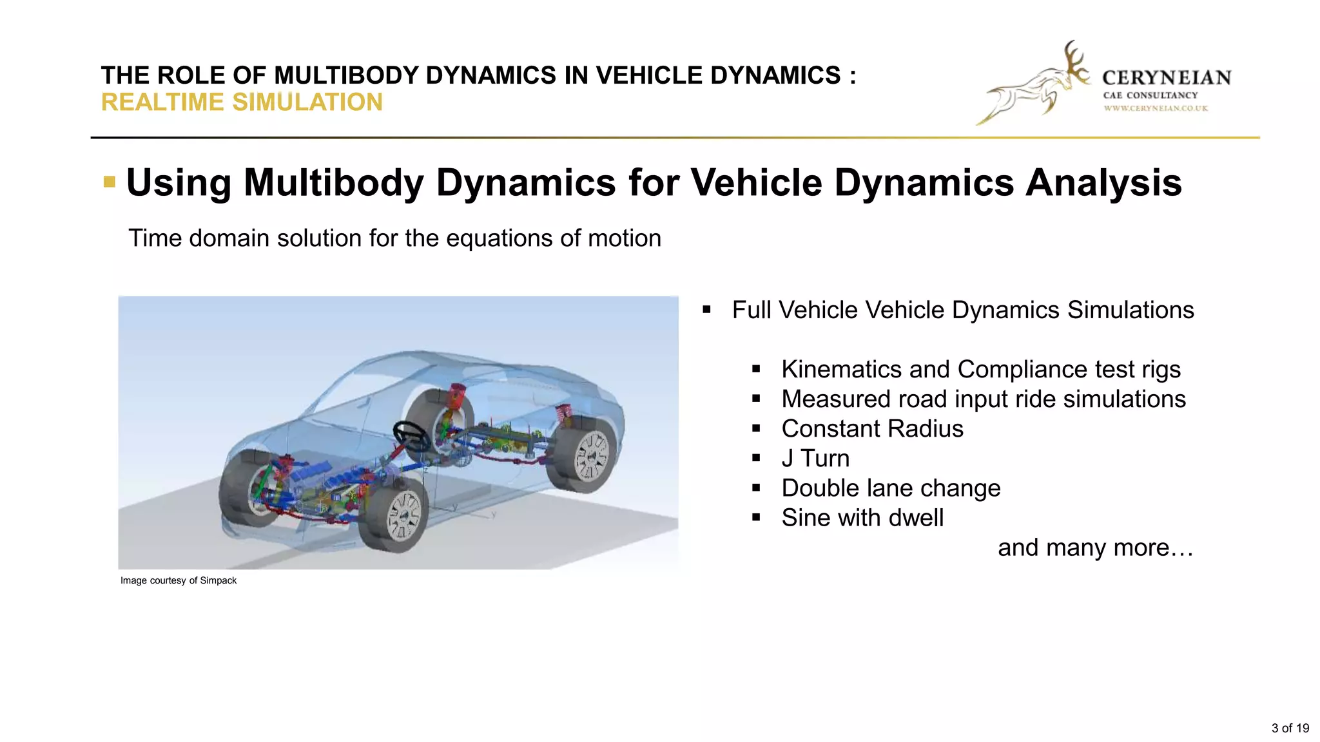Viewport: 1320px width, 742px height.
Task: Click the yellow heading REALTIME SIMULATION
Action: point(242,102)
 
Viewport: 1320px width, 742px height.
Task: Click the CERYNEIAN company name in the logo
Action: point(1167,78)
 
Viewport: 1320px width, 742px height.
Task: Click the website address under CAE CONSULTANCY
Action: point(1156,108)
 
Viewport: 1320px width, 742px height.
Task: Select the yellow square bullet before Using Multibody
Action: point(110,182)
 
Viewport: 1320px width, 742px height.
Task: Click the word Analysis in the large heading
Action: point(1103,182)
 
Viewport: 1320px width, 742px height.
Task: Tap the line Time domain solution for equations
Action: point(394,238)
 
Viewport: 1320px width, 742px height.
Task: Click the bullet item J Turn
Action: point(815,459)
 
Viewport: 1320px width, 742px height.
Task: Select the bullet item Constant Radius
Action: point(872,429)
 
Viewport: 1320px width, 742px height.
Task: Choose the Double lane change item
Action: point(891,488)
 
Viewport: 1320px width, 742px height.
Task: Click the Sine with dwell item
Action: point(862,518)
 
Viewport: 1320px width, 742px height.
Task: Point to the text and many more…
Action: point(1095,547)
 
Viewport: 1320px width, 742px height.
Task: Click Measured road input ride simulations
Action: point(984,399)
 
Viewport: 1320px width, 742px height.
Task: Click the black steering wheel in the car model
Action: point(412,436)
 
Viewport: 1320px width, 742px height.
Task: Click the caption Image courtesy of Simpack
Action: point(179,580)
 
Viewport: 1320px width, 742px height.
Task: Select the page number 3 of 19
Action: point(1290,728)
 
